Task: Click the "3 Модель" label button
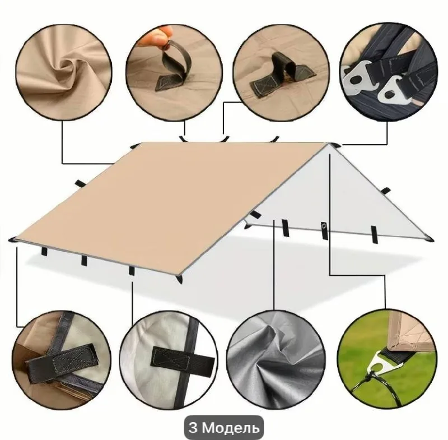[223, 428]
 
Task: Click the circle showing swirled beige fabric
[64, 70]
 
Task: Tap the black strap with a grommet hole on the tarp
[324, 230]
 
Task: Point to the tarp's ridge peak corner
[329, 143]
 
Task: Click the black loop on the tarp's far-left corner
[13, 239]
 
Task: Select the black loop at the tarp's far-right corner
[430, 239]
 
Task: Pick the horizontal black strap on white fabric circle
[183, 359]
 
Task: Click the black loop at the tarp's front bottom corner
[179, 279]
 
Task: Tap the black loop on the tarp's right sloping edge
[386, 191]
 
